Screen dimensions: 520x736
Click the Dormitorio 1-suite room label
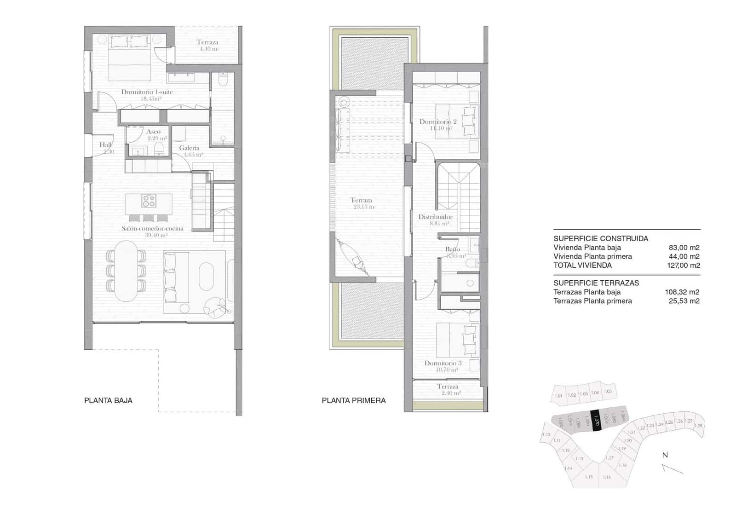(x=147, y=92)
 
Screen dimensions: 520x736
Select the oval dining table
(x=126, y=271)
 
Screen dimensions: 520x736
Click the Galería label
(x=190, y=148)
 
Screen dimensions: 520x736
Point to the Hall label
(x=105, y=145)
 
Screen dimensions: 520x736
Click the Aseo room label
(x=154, y=132)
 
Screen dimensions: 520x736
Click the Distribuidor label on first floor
(x=435, y=217)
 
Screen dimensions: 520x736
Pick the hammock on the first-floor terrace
(x=353, y=258)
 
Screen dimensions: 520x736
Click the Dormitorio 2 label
(x=438, y=122)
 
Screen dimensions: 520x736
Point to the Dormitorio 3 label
(x=443, y=363)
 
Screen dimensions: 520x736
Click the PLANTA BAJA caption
(x=108, y=400)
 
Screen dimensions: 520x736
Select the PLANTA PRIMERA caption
(x=354, y=400)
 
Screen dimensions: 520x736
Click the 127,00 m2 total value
(x=684, y=266)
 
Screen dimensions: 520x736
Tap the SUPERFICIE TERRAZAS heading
(x=596, y=283)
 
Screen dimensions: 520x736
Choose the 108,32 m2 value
(x=682, y=292)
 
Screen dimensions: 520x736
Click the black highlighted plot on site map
(x=596, y=421)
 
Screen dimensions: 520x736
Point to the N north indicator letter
(x=665, y=455)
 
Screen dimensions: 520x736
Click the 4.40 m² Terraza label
(x=208, y=45)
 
